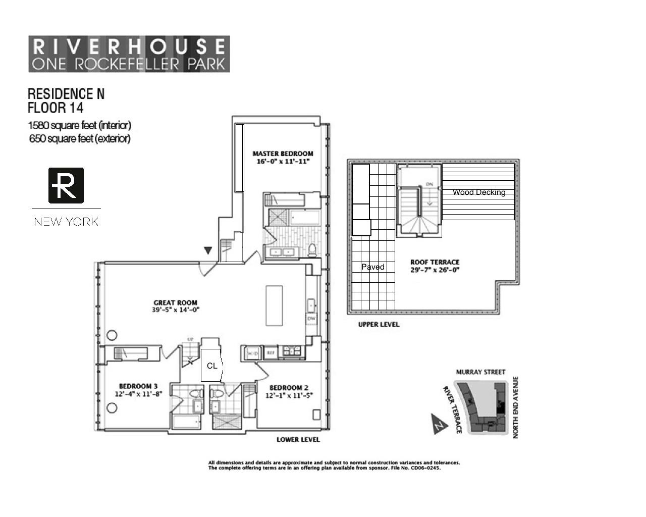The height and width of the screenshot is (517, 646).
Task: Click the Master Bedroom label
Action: point(283,153)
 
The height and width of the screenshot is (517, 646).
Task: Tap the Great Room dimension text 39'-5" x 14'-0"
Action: point(176,310)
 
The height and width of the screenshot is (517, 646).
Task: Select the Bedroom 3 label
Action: point(138,386)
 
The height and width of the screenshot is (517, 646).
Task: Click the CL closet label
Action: point(212,366)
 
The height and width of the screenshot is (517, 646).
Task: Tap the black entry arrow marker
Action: point(207,250)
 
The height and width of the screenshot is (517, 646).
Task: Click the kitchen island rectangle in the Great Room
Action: point(275,305)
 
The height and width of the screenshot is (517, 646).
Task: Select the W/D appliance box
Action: point(252,353)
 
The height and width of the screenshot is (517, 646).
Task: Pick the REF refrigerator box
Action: point(271,353)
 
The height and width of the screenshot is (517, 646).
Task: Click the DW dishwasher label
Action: point(311,319)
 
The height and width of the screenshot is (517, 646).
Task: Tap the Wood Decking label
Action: point(478,192)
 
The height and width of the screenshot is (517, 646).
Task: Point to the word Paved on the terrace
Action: point(373,267)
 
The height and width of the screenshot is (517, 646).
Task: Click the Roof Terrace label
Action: point(435,262)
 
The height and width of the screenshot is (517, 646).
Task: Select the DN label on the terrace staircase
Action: point(429,184)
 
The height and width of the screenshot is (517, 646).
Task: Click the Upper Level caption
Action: point(379,325)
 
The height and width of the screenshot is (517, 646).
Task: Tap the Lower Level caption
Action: point(298,440)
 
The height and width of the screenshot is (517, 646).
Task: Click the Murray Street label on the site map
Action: point(480,372)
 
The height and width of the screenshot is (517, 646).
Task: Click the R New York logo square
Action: point(66,185)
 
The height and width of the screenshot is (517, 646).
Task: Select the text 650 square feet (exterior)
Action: point(80,138)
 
